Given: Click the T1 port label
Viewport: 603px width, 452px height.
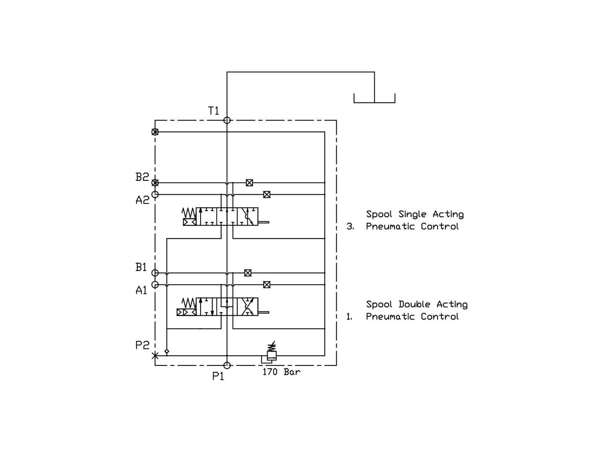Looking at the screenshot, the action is pos(214,111).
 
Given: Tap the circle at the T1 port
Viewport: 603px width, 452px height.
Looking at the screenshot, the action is pos(227,120).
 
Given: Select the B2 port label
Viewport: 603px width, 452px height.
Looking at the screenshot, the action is pos(142,177).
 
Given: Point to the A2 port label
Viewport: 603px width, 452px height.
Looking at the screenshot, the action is pos(142,200).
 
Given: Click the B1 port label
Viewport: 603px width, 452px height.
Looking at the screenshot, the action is pos(141,267).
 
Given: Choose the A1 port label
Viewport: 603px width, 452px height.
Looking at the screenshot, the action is pos(142,290).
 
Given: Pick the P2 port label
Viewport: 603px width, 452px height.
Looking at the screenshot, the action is pos(142,345).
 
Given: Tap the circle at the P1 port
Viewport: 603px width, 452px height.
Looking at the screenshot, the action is pos(227,365).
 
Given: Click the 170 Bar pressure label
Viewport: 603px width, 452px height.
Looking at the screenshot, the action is pos(281,372).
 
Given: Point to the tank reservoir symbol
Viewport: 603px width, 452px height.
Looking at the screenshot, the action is pos(374,98).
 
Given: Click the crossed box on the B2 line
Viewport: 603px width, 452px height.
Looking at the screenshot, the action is pos(250,183).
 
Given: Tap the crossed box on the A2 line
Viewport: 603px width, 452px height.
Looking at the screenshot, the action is pos(267,195).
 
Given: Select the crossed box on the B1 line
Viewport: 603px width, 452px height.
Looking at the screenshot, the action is pos(248,273).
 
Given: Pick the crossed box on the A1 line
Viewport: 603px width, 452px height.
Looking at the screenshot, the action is pos(267,285).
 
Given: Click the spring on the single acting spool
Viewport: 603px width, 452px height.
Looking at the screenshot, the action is pos(189,213).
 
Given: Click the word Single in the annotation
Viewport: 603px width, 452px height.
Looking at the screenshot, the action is pos(412,214).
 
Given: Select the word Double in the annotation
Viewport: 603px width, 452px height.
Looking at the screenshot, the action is pos(415,304).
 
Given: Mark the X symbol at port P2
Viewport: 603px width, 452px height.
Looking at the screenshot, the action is pos(155,356).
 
